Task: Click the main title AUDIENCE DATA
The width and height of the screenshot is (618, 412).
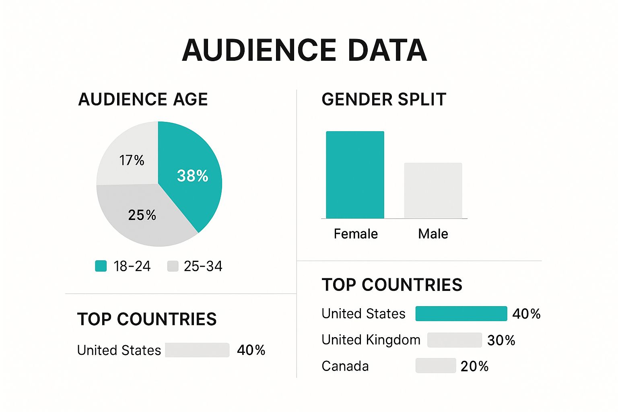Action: [305, 51]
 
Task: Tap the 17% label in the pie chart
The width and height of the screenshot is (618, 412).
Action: [132, 160]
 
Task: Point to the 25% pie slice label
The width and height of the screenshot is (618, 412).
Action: [142, 215]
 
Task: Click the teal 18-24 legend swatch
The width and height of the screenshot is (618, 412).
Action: [101, 266]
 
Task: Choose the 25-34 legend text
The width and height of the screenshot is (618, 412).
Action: [203, 266]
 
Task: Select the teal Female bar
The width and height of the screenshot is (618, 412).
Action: [355, 175]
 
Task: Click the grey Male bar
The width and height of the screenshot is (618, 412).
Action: [433, 191]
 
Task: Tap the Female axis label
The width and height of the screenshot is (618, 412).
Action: [356, 234]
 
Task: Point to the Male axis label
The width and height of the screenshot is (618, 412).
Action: [433, 234]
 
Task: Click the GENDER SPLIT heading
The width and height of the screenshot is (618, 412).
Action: [384, 99]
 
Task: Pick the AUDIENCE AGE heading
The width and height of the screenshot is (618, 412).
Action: [143, 99]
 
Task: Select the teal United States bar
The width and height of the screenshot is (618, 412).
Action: [461, 313]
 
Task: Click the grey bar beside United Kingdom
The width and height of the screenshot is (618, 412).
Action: [454, 340]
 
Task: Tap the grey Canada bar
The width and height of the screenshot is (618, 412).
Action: [436, 366]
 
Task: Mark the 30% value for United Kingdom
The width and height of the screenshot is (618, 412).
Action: [501, 340]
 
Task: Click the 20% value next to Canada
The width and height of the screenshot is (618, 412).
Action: [474, 366]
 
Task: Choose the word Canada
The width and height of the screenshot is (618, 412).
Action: [345, 366]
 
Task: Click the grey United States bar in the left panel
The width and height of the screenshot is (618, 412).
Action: [197, 350]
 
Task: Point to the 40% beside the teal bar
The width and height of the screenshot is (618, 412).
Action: [526, 314]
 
